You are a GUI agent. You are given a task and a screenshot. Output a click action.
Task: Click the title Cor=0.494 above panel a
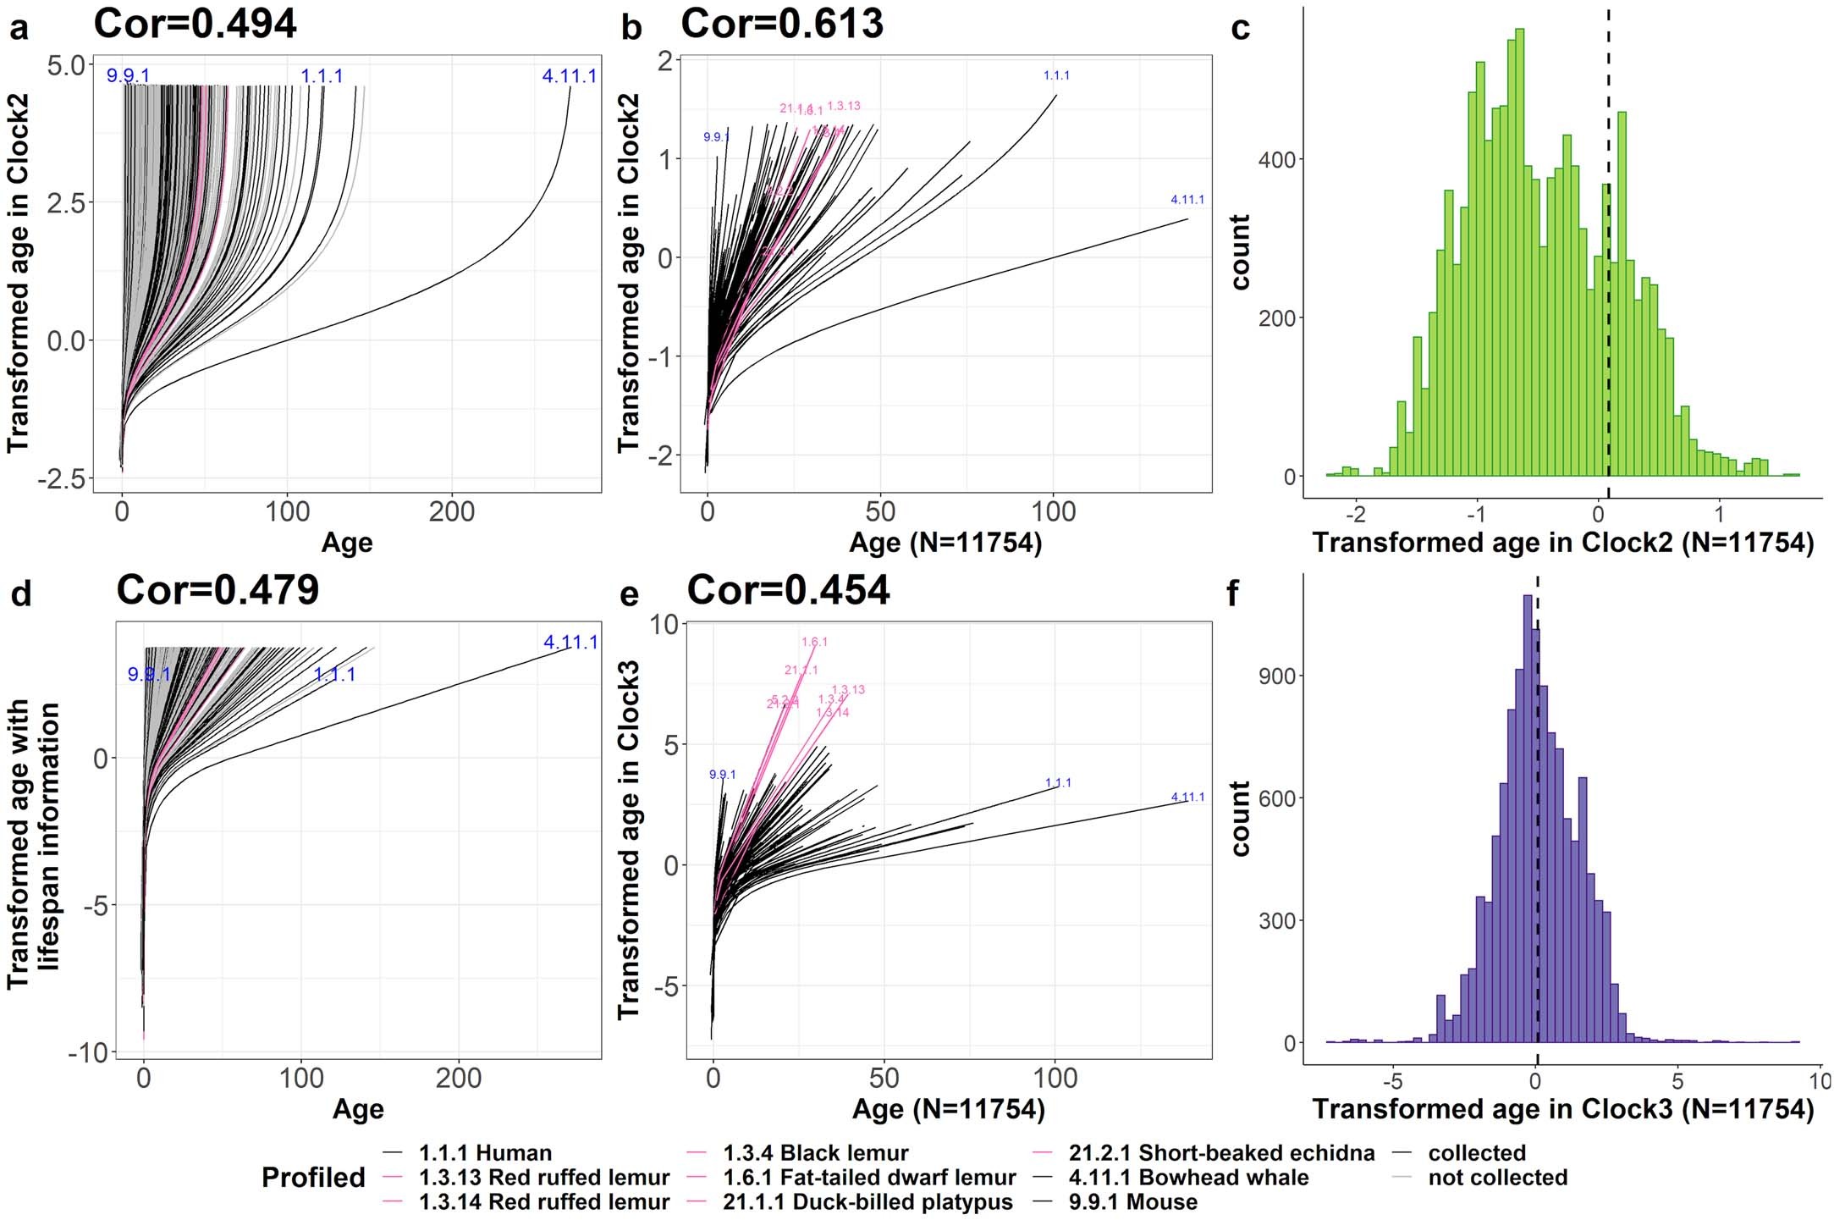tap(195, 24)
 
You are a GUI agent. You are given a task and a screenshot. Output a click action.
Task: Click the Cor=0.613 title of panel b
tap(782, 24)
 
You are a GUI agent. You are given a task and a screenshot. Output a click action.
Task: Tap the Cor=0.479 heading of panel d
tap(218, 590)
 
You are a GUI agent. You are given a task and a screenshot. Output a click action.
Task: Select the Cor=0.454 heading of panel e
tap(788, 590)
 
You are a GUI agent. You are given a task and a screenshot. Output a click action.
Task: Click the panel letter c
tap(1240, 28)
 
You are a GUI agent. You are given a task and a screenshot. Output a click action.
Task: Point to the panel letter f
tap(1232, 593)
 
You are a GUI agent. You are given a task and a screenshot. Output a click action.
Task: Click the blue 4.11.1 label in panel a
tap(569, 76)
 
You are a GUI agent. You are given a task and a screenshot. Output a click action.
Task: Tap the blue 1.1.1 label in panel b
tap(1056, 75)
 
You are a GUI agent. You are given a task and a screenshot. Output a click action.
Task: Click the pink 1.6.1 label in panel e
tap(814, 642)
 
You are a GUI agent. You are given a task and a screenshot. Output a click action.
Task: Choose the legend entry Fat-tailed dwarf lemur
tap(869, 1178)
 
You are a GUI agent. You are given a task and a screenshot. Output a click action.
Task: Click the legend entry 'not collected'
tap(1497, 1178)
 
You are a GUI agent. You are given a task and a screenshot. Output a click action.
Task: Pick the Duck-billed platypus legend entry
tap(867, 1202)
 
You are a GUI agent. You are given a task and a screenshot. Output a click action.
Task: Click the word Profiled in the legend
tap(313, 1178)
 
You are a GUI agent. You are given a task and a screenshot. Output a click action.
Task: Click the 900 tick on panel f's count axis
tap(1276, 676)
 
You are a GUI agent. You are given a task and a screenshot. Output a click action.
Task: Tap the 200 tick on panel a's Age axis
tap(451, 511)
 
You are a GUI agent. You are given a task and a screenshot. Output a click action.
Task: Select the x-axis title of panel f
tap(1562, 1109)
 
